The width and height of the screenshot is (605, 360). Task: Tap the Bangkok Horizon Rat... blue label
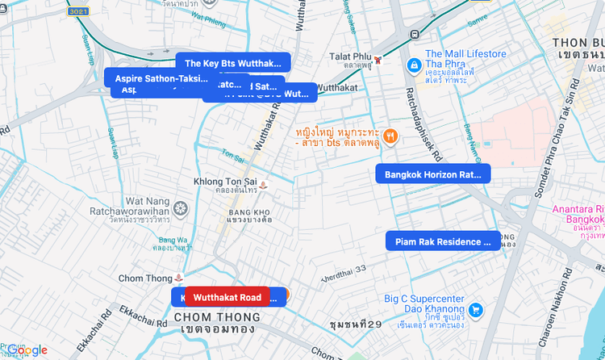click(432, 174)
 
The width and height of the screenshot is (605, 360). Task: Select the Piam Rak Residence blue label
click(442, 241)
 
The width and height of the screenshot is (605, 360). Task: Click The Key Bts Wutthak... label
click(233, 62)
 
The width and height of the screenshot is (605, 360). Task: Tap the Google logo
click(27, 350)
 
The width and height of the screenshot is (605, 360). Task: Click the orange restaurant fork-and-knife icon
click(390, 136)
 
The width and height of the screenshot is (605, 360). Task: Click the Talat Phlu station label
click(348, 57)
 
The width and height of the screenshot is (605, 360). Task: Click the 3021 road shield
click(78, 11)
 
